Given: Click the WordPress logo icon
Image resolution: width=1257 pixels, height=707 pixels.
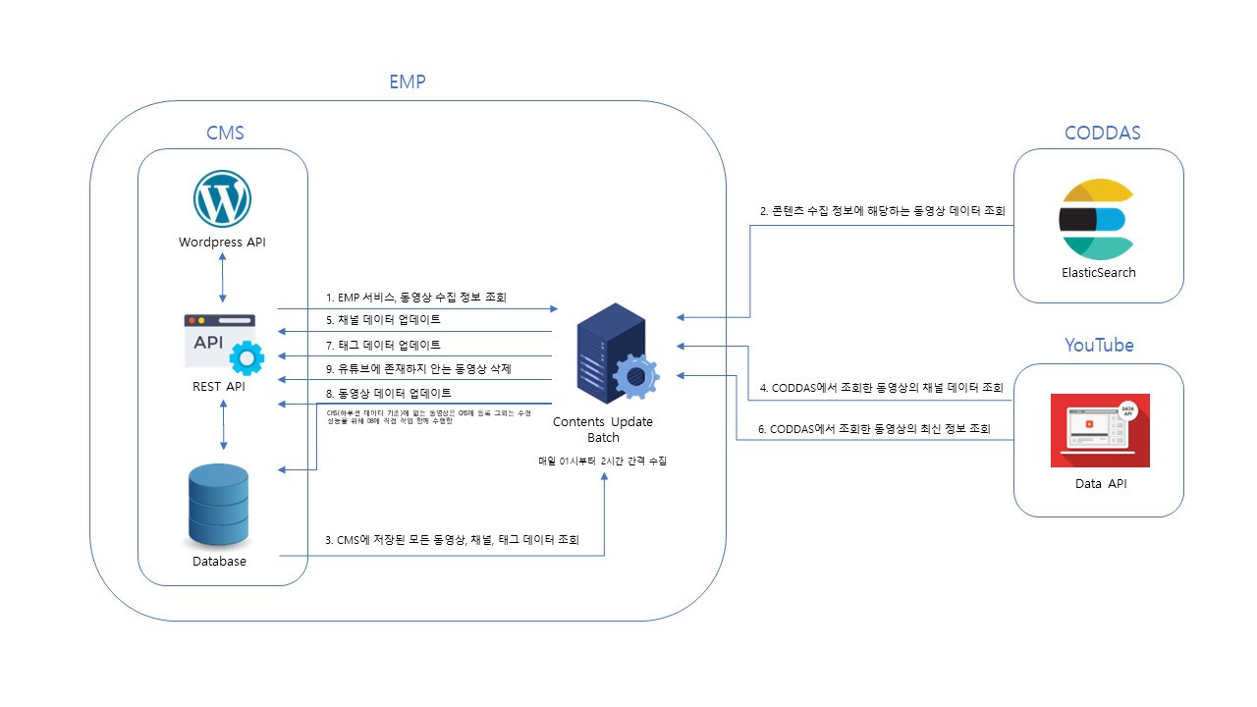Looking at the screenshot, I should click(x=222, y=198).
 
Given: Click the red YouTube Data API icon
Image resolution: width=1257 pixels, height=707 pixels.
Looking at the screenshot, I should click(x=1100, y=430).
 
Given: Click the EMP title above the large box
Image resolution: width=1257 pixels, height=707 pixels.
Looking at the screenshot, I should click(x=408, y=82).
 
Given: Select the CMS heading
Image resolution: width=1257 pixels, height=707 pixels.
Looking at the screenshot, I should click(x=225, y=133).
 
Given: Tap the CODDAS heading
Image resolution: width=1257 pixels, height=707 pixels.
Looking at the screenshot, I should click(x=1102, y=133).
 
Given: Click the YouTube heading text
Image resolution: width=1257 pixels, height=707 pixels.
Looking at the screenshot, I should click(x=1099, y=345).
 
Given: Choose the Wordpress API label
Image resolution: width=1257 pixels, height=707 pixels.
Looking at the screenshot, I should click(x=222, y=243).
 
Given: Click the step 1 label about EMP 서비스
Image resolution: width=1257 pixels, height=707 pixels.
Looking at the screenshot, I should click(x=415, y=297).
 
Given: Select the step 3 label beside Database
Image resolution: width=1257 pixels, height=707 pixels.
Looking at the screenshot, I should click(x=452, y=540).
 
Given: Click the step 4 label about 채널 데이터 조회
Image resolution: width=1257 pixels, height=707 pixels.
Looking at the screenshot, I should click(x=882, y=388).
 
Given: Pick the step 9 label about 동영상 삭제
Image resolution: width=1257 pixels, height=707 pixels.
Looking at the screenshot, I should click(x=417, y=368).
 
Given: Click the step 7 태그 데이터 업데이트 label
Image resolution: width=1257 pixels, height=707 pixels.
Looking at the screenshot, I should click(x=383, y=345).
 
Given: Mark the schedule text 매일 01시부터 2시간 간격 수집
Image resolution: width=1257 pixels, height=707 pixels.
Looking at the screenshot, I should click(x=602, y=461).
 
